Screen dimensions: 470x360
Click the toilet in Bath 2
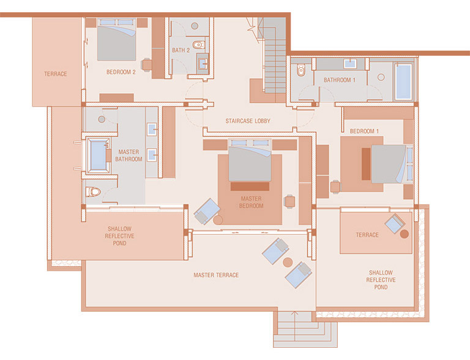[x=198, y=45]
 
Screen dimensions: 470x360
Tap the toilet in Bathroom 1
[x=300, y=70]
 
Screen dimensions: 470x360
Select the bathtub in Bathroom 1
[x=403, y=81]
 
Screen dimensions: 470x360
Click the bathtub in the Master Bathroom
[x=98, y=156]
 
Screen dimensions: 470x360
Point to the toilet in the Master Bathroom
[x=93, y=192]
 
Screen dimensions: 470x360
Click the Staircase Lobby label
[x=248, y=121]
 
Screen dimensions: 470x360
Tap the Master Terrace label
[x=216, y=275]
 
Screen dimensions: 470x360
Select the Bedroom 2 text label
[x=121, y=72]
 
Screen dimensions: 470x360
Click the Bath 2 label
[x=181, y=50]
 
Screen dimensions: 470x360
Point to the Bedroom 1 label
[x=364, y=131]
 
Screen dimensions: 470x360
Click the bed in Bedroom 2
[x=117, y=40]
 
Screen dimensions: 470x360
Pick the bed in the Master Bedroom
[x=250, y=160]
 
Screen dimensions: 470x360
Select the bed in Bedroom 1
[x=392, y=164]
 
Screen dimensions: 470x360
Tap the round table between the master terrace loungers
[x=288, y=262]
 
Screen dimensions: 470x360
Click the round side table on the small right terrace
[x=405, y=234]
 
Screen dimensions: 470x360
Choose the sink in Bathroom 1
[x=350, y=64]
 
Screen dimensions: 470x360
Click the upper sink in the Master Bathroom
[x=152, y=129]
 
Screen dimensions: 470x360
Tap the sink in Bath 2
[x=203, y=63]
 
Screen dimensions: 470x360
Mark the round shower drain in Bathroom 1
[x=381, y=77]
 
